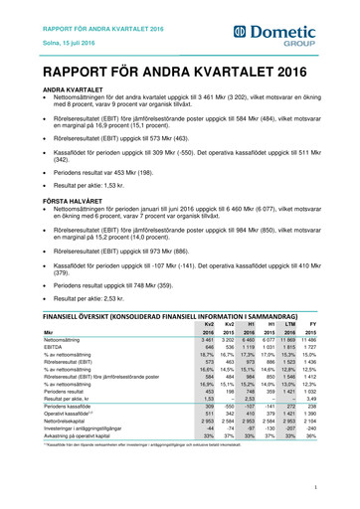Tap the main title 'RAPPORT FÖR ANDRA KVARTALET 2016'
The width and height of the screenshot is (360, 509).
pyautogui.click(x=163, y=72)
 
